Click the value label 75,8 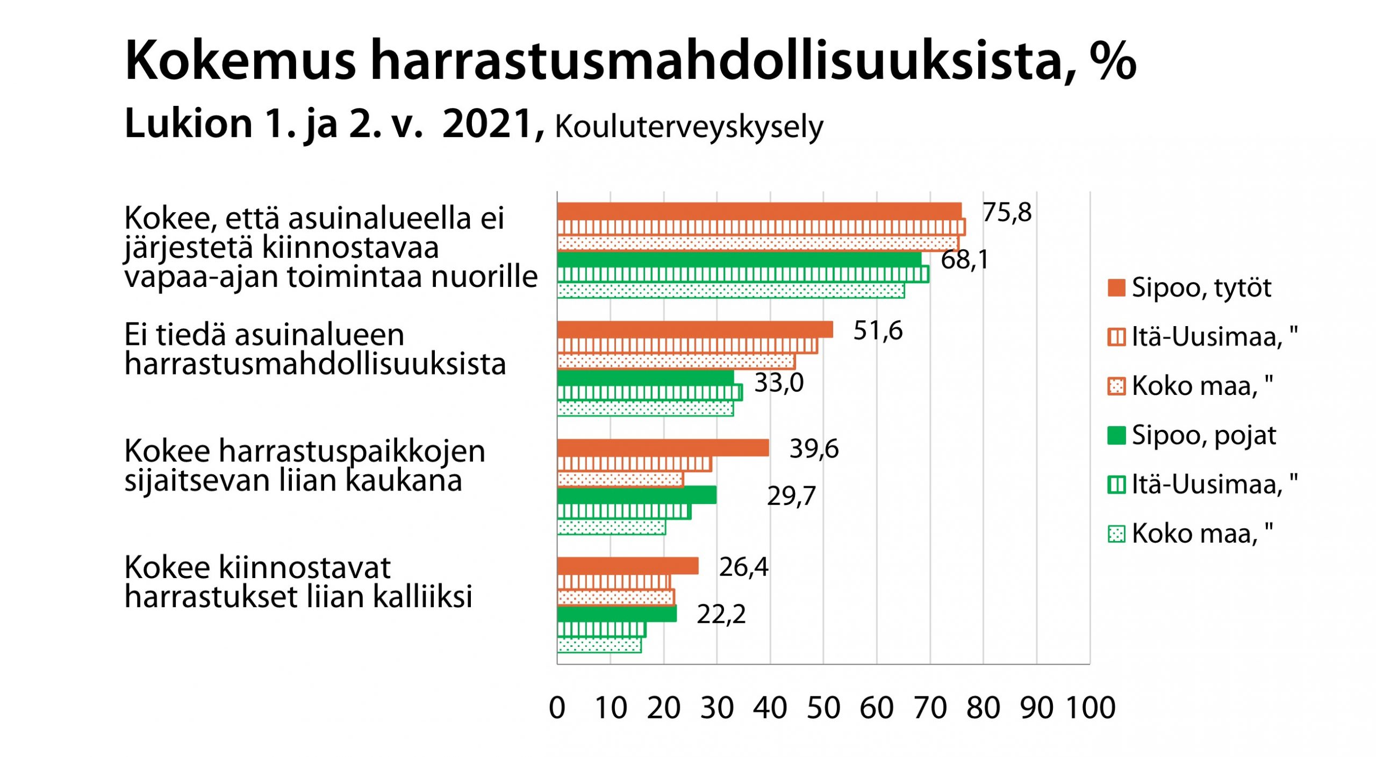click(x=1007, y=213)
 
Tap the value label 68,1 click(x=964, y=260)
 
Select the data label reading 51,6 click(x=878, y=330)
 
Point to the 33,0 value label click(x=779, y=383)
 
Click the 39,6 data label click(x=814, y=449)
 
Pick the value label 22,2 click(x=721, y=614)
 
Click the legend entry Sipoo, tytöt click(x=1201, y=288)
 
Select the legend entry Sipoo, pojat click(x=1203, y=435)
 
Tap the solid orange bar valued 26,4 click(x=628, y=566)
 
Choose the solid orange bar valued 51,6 click(x=695, y=330)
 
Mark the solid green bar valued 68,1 click(x=739, y=259)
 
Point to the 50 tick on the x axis click(x=823, y=708)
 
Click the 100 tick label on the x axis click(x=1091, y=708)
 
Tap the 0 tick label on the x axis click(x=557, y=708)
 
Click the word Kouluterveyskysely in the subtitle click(x=689, y=128)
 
